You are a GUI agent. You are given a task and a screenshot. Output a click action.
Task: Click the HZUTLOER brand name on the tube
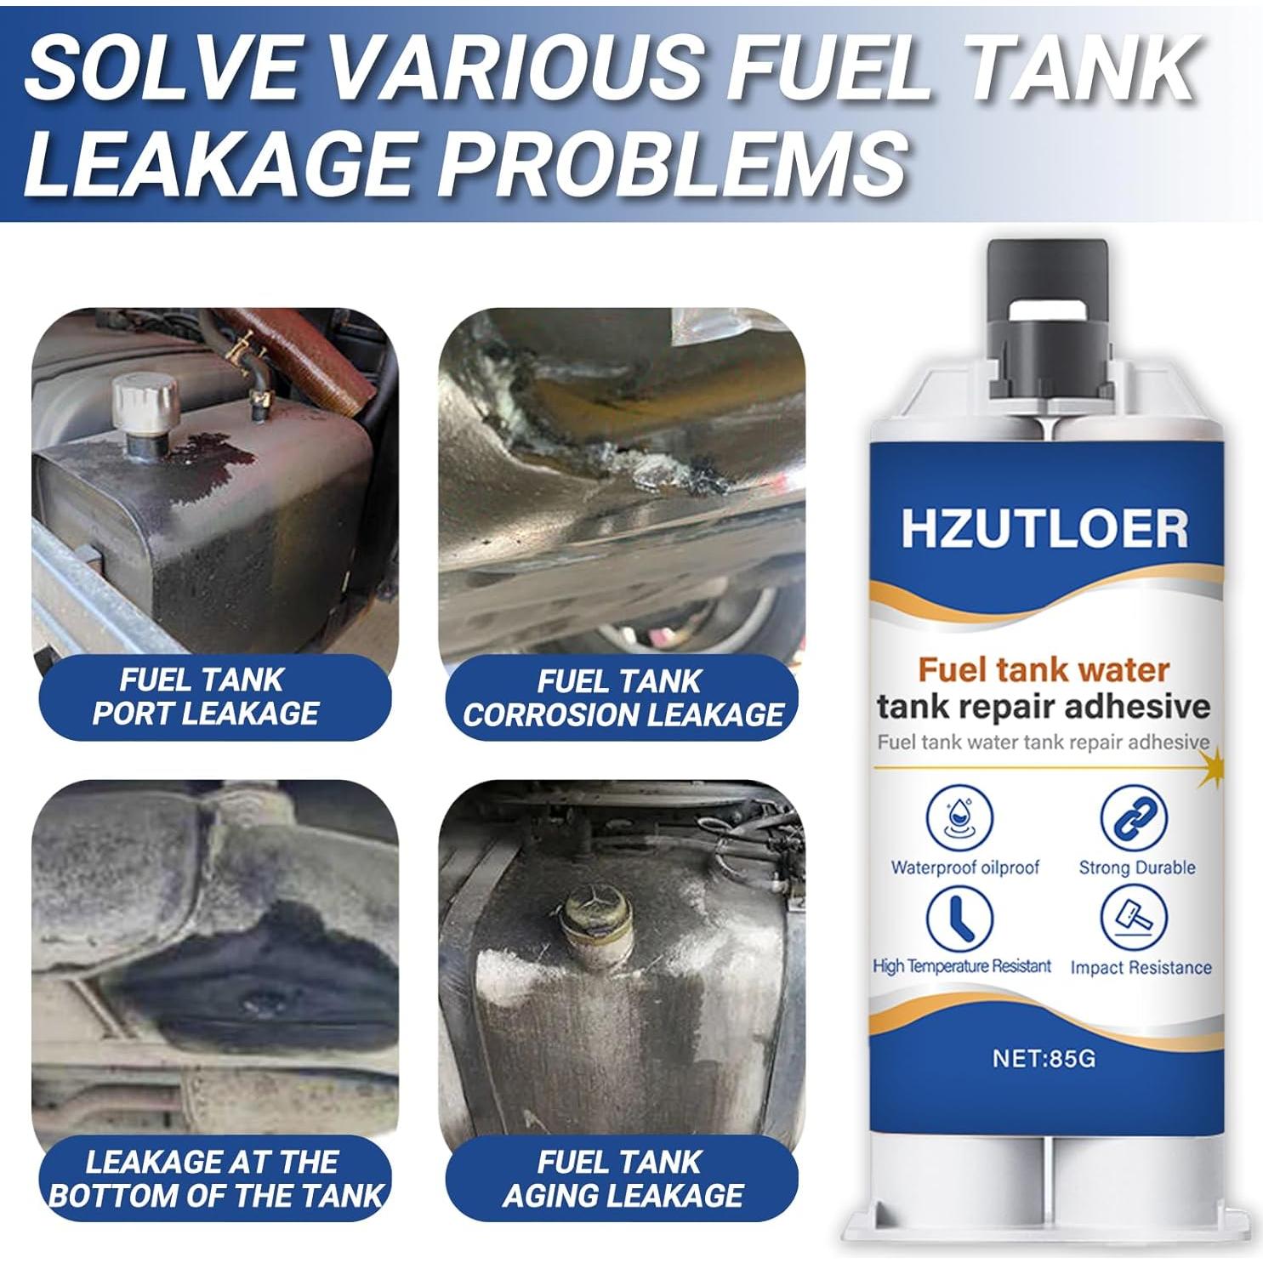[x=1044, y=528]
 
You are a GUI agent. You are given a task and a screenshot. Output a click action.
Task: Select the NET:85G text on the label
[x=1044, y=1058]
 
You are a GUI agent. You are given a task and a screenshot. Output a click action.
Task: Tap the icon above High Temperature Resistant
[x=960, y=919]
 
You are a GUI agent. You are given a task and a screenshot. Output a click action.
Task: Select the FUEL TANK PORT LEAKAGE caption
[x=204, y=697]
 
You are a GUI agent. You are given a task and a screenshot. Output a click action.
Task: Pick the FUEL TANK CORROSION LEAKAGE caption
[x=622, y=698]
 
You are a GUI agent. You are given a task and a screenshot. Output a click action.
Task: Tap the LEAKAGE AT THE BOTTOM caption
[x=215, y=1179]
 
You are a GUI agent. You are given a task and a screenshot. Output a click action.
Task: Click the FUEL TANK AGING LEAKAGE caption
[x=622, y=1179]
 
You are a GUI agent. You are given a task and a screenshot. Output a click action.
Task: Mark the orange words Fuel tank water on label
[x=1044, y=670]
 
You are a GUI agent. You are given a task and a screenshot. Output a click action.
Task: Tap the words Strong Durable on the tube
[x=1136, y=868]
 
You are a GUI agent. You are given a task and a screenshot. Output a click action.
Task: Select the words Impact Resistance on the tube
[x=1140, y=967]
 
